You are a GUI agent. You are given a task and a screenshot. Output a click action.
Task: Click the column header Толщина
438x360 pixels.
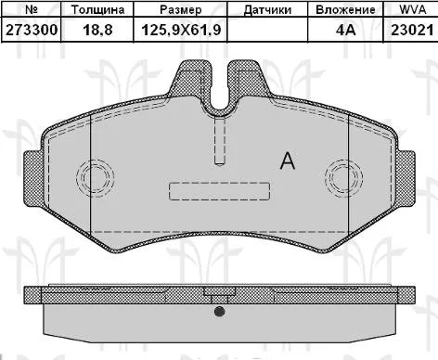click(97, 9)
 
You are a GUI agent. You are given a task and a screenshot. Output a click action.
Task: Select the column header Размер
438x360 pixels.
click(181, 10)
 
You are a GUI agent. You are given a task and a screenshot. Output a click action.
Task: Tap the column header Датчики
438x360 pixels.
click(267, 10)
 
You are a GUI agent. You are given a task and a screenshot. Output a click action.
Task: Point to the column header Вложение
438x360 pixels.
click(345, 9)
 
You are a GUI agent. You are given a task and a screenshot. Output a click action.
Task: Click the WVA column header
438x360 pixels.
click(413, 9)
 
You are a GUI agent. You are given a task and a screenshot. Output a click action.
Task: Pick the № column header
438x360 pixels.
click(32, 9)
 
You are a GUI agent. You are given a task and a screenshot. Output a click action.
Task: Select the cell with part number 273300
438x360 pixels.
click(32, 30)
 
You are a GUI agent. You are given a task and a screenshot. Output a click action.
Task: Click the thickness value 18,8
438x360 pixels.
click(97, 31)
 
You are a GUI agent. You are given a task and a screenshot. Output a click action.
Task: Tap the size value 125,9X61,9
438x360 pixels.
click(181, 31)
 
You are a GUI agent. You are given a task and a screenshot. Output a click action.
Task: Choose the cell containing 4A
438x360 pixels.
click(345, 30)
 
